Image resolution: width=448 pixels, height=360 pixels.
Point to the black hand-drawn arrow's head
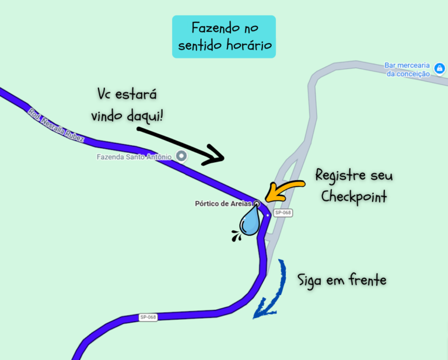tap(214, 156)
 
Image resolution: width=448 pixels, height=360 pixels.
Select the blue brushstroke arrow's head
tap(264, 309)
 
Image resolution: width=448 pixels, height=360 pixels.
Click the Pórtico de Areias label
tap(223, 204)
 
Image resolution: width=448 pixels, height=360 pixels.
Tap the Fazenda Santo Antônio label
tap(134, 157)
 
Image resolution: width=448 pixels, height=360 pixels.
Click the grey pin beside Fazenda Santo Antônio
tap(181, 156)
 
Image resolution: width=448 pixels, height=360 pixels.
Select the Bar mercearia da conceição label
tap(407, 69)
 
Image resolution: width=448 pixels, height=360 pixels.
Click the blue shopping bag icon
tap(439, 68)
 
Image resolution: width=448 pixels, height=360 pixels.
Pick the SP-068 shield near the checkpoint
tap(283, 212)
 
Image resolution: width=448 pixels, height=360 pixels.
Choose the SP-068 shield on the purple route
tap(148, 317)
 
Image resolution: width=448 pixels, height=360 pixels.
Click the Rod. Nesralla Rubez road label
tap(56, 125)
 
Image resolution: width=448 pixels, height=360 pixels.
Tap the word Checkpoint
tap(354, 197)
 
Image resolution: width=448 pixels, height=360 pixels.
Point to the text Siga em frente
tap(342, 279)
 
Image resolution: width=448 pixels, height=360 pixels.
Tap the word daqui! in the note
tap(145, 116)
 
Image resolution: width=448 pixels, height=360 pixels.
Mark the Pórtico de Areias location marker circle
tap(257, 204)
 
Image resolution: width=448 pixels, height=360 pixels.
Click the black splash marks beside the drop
tap(236, 236)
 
